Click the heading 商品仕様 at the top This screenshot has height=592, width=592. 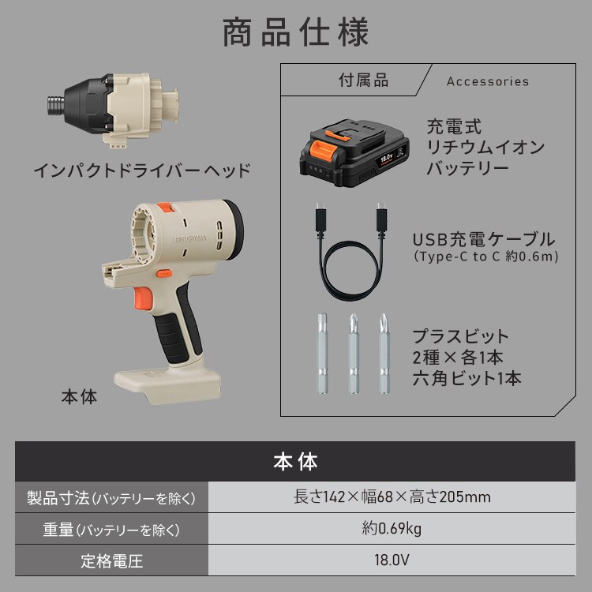point(295,33)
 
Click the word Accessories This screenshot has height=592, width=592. point(487,81)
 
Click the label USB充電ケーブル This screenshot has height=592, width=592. point(484,239)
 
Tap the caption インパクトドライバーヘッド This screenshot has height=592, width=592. point(142,170)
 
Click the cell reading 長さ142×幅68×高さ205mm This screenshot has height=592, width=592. point(392,497)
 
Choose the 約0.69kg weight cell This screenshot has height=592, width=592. point(392,530)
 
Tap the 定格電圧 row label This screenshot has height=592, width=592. point(111,562)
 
